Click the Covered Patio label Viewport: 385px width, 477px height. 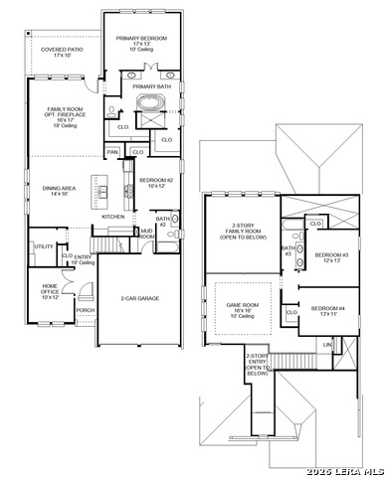[62, 52]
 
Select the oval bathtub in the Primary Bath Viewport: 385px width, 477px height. [154, 104]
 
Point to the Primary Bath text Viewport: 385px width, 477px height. [152, 86]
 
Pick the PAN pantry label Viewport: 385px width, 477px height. [113, 151]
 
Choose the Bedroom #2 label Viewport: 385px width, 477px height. [156, 183]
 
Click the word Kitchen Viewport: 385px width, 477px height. [112, 216]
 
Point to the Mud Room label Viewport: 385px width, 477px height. [146, 234]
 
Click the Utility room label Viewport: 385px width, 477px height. [43, 245]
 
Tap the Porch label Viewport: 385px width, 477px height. [85, 309]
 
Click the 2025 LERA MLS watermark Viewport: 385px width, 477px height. [345, 469]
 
